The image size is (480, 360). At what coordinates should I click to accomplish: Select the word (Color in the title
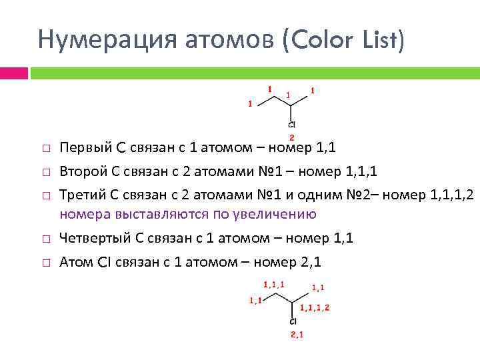[x=315, y=41]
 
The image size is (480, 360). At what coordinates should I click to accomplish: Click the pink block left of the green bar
[x=13, y=72]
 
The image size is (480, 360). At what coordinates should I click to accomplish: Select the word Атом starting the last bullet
[x=74, y=262]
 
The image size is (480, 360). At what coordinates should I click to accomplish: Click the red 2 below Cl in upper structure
[x=292, y=136]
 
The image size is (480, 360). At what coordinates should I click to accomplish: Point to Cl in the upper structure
[x=292, y=125]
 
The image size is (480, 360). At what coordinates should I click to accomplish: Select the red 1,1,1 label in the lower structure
[x=274, y=284]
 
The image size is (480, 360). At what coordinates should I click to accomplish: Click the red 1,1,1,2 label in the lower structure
[x=315, y=307]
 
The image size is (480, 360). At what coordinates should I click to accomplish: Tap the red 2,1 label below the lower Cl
[x=297, y=335]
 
